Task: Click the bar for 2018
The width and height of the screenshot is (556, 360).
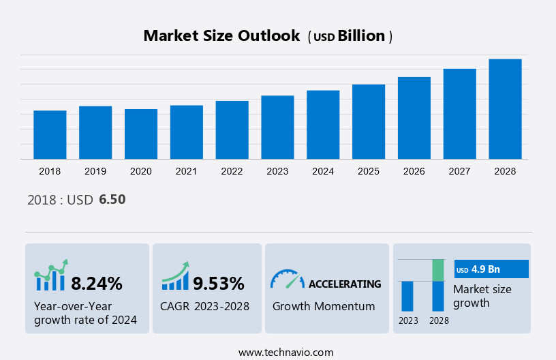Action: pos(50,135)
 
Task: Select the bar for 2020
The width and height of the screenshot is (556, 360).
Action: pos(141,134)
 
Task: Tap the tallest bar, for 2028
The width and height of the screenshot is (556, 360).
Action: pos(505,109)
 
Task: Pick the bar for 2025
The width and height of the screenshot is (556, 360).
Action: pos(369,122)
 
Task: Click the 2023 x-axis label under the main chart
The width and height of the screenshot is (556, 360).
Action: pos(277,171)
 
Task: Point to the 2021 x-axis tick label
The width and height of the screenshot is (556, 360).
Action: pos(187,171)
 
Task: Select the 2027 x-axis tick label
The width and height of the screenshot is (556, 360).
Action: pos(459,171)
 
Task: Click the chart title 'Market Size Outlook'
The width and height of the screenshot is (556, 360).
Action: pos(221,36)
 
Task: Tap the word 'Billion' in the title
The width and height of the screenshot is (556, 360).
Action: pos(361,36)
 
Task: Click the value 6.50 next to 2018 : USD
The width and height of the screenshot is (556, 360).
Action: pos(112,200)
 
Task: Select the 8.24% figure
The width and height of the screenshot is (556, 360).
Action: pos(97,283)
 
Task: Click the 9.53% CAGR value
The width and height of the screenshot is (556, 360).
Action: pos(218,283)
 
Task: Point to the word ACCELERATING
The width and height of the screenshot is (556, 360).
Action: pos(345,284)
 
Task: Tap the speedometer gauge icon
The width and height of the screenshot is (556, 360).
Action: pos(287,279)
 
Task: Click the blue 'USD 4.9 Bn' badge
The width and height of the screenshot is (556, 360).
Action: pos(491,269)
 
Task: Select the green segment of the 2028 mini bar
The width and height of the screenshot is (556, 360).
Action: pos(438,270)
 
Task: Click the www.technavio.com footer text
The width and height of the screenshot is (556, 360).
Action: pos(285,352)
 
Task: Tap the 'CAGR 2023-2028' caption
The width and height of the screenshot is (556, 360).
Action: pos(204,306)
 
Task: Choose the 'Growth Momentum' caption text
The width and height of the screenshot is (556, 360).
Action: pos(324,306)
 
